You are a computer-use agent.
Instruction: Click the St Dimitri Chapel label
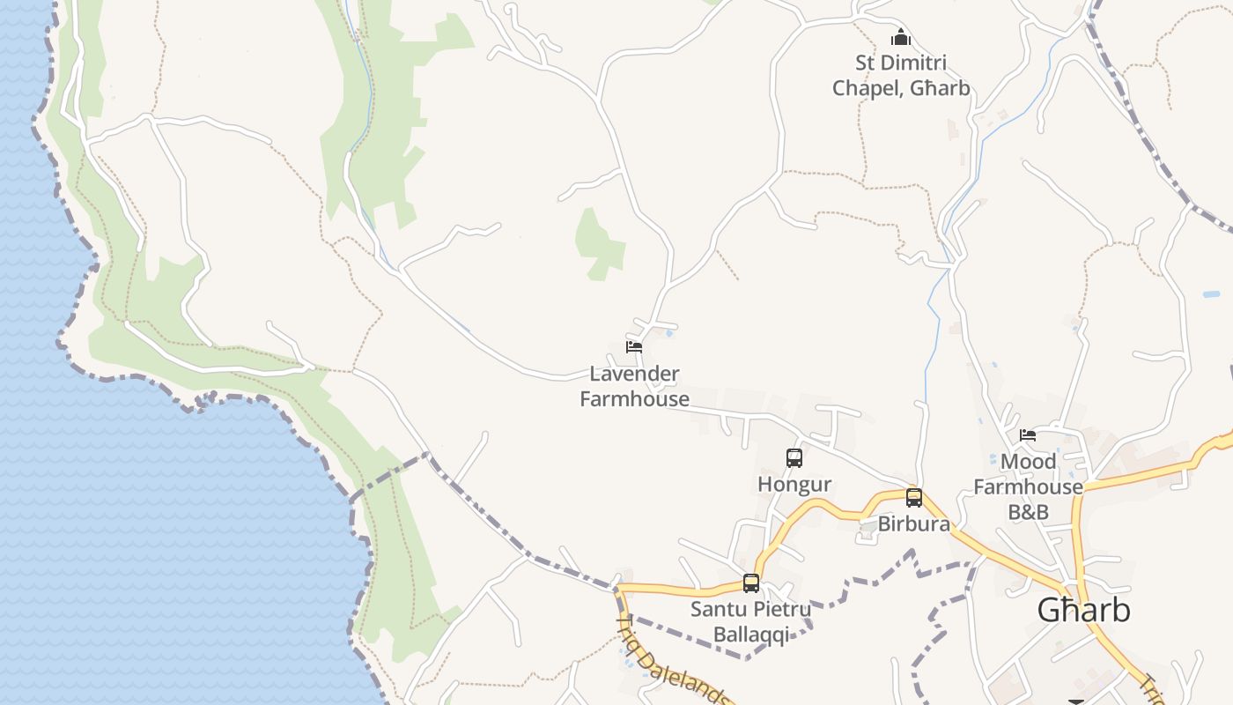tap(901, 76)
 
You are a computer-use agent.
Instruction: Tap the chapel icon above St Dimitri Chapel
tap(900, 38)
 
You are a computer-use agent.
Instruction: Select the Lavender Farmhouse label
tap(634, 386)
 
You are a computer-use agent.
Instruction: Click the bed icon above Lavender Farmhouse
tap(634, 346)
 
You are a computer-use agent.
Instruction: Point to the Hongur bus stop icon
tap(794, 458)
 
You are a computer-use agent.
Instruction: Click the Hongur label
tap(794, 485)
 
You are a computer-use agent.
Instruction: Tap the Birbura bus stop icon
tap(914, 498)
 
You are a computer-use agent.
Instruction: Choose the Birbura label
tap(914, 524)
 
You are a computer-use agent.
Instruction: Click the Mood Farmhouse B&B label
tap(1028, 486)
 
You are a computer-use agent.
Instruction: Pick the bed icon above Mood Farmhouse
tap(1028, 434)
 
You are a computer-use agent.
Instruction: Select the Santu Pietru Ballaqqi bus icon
tap(751, 583)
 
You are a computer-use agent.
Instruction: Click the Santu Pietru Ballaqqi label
tap(750, 621)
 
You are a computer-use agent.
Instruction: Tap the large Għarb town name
tap(1083, 610)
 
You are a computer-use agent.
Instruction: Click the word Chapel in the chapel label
tap(868, 88)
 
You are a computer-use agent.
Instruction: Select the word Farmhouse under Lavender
tap(634, 399)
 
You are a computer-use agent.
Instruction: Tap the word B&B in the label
tap(1028, 512)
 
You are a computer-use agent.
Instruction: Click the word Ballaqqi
tap(750, 634)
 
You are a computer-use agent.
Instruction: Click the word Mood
tap(1028, 462)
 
